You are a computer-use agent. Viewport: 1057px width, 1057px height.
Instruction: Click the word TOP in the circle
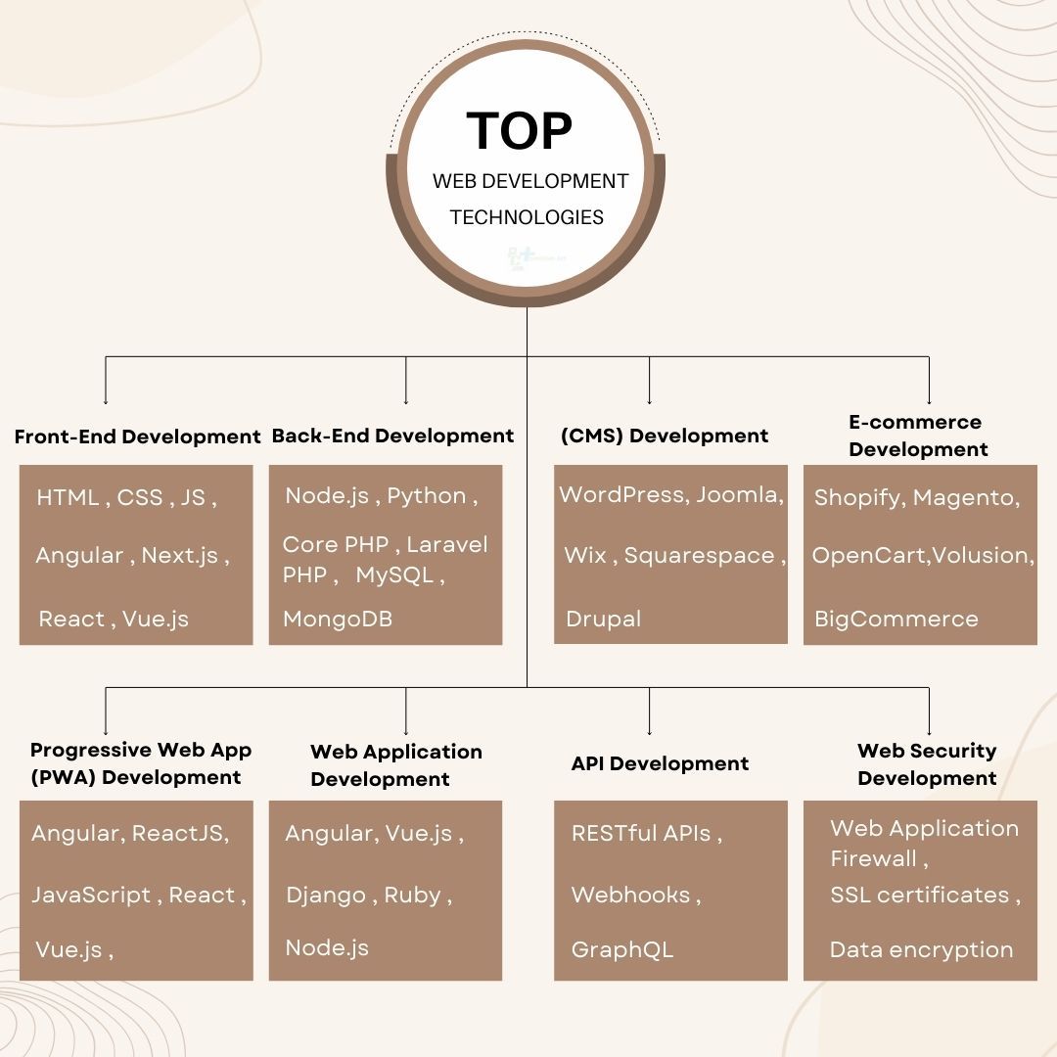519,131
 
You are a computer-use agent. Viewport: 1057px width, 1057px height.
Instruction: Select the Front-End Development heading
137,437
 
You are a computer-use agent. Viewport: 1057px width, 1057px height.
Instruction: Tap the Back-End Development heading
392,436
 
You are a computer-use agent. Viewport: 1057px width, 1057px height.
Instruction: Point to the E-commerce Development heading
917,436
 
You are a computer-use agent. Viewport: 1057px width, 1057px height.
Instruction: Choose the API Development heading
660,763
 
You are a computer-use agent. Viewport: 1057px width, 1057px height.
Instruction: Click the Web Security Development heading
927,764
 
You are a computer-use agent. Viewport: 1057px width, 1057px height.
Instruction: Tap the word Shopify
857,497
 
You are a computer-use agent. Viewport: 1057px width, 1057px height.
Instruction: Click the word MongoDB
338,619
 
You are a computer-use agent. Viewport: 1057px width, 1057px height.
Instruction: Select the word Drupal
603,619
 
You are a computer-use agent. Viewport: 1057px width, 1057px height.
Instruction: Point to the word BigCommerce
896,619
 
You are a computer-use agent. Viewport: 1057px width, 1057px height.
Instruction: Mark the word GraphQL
622,949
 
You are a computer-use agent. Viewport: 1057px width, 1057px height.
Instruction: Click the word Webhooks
631,895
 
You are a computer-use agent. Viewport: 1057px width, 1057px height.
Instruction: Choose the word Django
326,895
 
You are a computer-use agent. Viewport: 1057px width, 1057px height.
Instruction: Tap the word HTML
68,497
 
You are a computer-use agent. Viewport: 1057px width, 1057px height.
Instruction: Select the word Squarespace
700,555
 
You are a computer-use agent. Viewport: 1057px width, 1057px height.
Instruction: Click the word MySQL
394,575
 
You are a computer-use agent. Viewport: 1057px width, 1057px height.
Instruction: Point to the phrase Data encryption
921,949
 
